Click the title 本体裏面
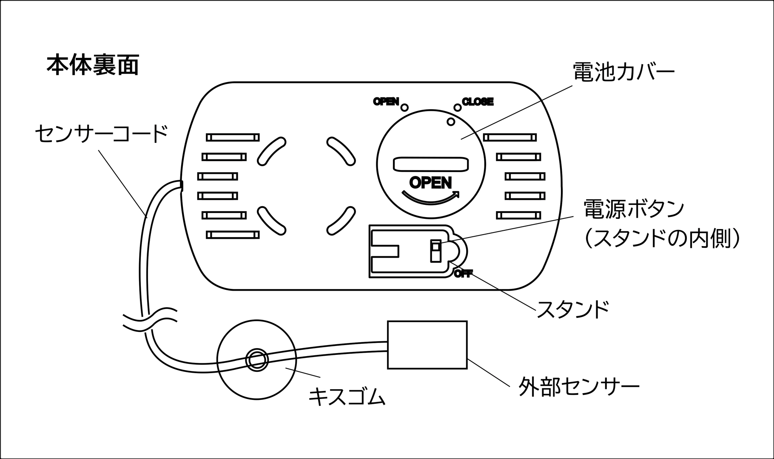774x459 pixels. point(93,65)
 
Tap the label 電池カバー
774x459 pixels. point(623,72)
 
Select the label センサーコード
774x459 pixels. point(101,133)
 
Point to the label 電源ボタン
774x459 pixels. point(634,209)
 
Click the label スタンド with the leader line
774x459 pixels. point(573,310)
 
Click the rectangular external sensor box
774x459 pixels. point(427,345)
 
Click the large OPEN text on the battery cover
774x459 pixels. point(430,183)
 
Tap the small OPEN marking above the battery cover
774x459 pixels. point(386,102)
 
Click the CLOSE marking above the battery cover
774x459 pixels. point(478,102)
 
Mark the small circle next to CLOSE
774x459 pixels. point(458,108)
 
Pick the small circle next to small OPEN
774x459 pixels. point(404,108)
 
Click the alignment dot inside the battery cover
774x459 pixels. point(451,122)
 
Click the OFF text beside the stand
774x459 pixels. point(463,274)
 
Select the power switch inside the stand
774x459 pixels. point(435,251)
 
